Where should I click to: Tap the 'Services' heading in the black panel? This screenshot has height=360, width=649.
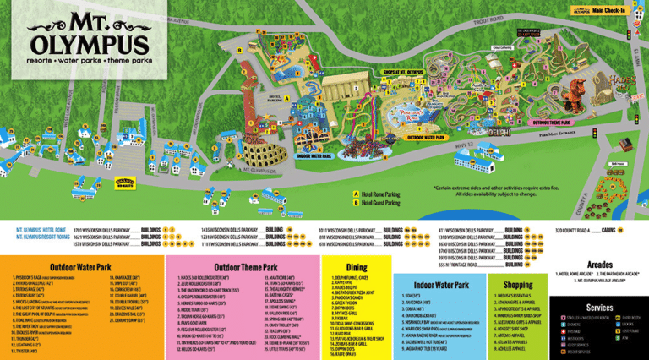pos(598,308)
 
